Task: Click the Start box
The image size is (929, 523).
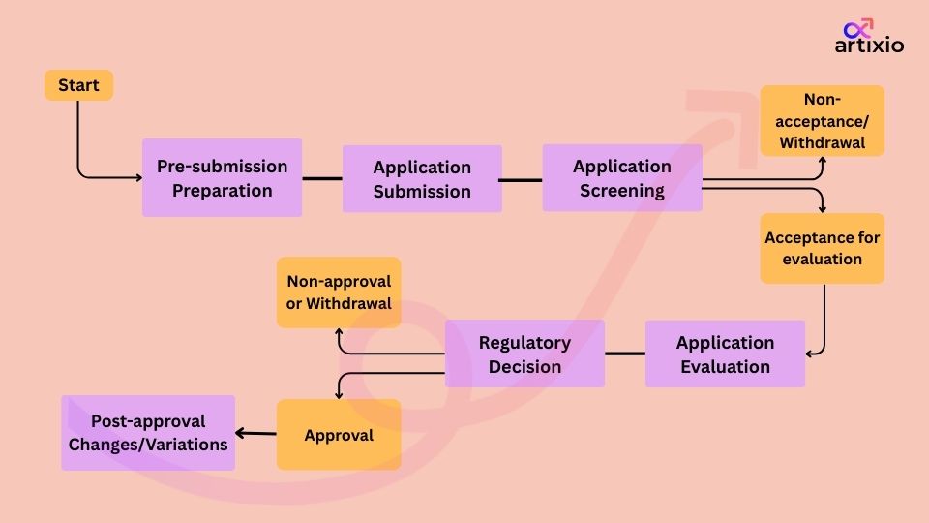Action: [x=78, y=85]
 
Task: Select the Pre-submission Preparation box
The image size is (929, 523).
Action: [x=222, y=177]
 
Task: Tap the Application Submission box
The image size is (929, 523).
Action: [x=422, y=179]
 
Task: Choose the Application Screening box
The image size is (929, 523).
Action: [x=621, y=178]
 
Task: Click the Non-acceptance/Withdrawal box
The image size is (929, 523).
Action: [x=822, y=121]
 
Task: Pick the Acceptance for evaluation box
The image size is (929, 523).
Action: [x=822, y=248]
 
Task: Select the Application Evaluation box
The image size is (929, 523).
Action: [x=725, y=354]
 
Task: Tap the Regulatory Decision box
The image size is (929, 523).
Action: [x=524, y=354]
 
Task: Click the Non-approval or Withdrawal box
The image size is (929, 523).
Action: [x=339, y=292]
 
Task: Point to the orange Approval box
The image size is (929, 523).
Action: [x=339, y=435]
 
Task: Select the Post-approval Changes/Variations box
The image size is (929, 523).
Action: [x=148, y=433]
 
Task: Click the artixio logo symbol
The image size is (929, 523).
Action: [x=858, y=29]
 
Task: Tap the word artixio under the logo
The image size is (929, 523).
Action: [x=869, y=46]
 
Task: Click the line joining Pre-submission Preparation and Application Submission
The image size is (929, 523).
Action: [x=322, y=178]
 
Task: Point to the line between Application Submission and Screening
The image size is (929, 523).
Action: [x=522, y=179]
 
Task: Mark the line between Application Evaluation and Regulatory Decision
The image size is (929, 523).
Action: [x=625, y=354]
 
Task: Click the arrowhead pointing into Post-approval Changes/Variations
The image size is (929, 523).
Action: [x=241, y=434]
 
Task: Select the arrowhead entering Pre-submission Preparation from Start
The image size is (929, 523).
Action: [x=136, y=177]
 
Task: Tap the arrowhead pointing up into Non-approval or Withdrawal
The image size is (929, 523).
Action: [x=339, y=333]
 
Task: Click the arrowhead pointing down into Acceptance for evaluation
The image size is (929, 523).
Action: [x=823, y=208]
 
